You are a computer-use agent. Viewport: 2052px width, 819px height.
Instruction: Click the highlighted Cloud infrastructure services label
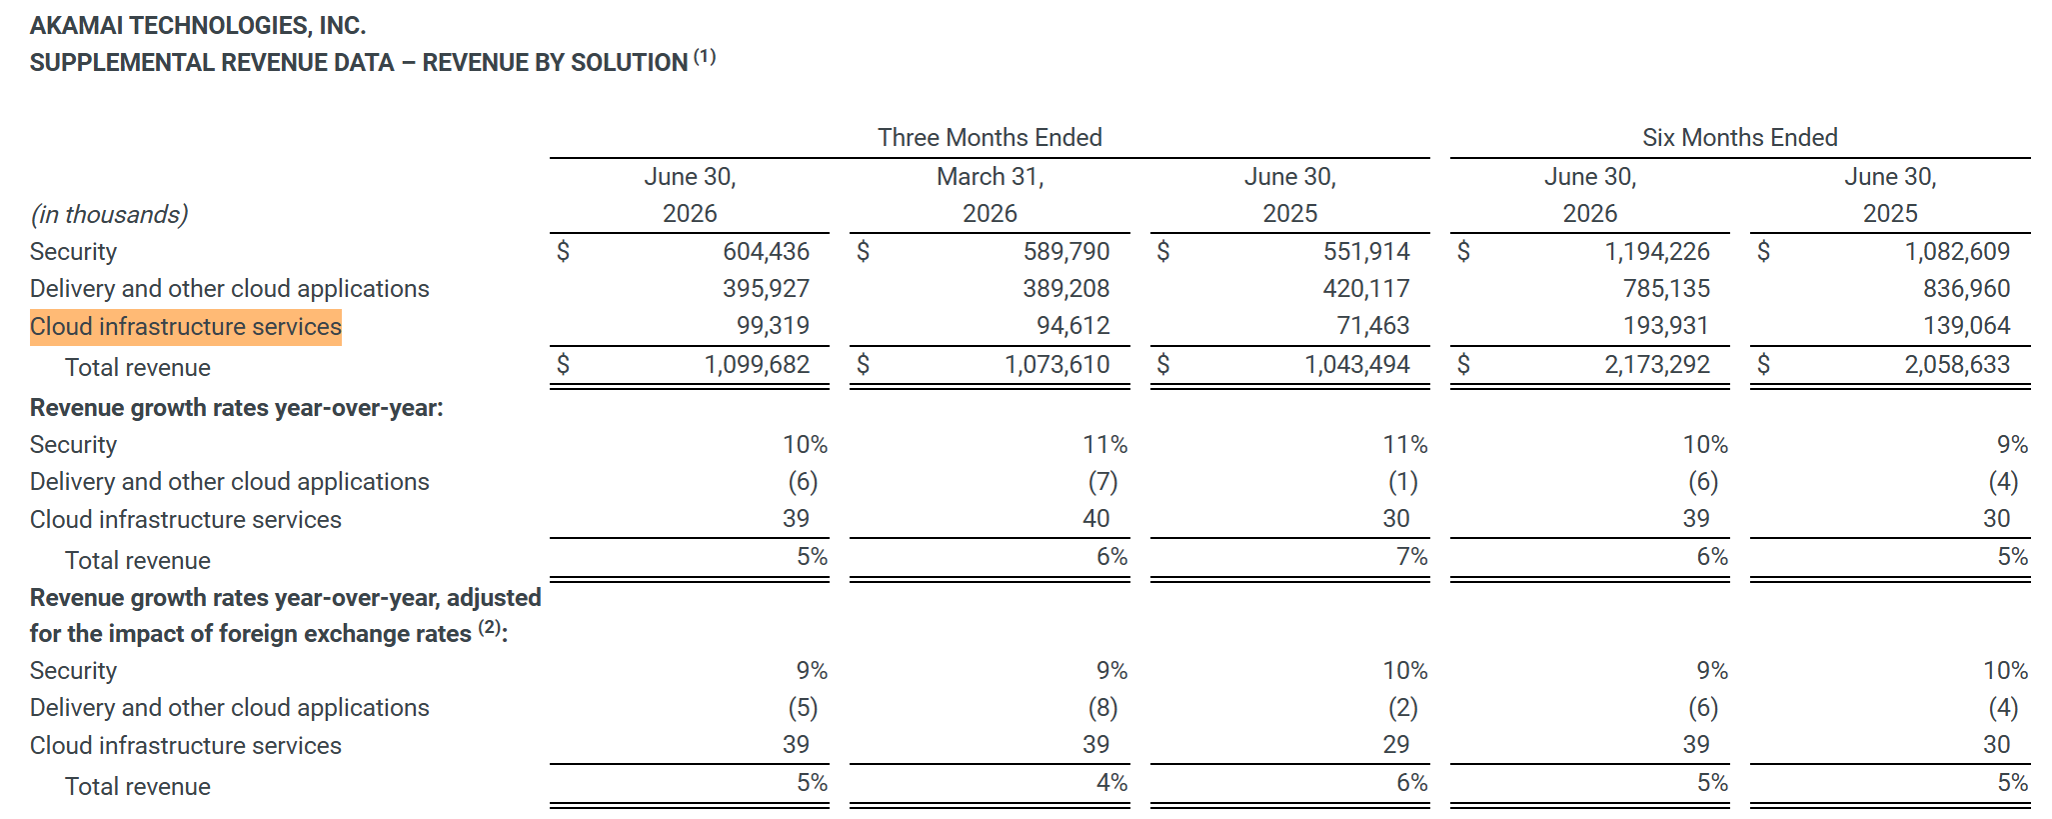point(186,327)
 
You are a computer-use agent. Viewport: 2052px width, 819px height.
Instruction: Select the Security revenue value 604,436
point(766,251)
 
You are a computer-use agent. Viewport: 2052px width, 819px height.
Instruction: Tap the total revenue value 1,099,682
point(757,364)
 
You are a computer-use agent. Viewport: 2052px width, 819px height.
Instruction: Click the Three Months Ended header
point(990,137)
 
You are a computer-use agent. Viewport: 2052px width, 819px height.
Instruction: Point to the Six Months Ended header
point(1740,137)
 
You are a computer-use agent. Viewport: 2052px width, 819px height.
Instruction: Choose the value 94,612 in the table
point(1072,325)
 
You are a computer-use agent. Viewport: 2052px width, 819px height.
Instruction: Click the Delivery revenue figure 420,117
point(1366,288)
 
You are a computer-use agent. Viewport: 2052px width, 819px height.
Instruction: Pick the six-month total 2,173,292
point(1657,364)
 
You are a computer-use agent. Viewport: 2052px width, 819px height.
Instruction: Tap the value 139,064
point(1966,325)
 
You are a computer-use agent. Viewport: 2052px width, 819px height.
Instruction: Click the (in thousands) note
point(109,214)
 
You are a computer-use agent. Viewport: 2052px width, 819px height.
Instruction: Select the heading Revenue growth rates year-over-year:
point(237,408)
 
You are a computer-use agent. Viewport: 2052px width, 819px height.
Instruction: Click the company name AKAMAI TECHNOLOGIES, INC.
point(198,25)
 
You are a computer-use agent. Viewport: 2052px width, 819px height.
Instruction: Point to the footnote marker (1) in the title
point(705,56)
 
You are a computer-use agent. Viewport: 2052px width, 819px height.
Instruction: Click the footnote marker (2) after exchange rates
point(489,627)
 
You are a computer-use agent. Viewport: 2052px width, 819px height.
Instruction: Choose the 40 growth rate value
point(1095,518)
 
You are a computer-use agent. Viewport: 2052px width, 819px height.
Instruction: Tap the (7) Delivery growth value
point(1102,482)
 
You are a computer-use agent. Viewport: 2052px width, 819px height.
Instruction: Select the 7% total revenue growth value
point(1411,556)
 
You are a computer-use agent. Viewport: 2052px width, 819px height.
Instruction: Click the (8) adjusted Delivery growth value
point(1102,708)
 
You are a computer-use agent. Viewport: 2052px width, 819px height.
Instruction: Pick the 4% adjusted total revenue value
point(1111,782)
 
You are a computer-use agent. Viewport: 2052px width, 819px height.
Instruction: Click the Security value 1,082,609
point(1957,251)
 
